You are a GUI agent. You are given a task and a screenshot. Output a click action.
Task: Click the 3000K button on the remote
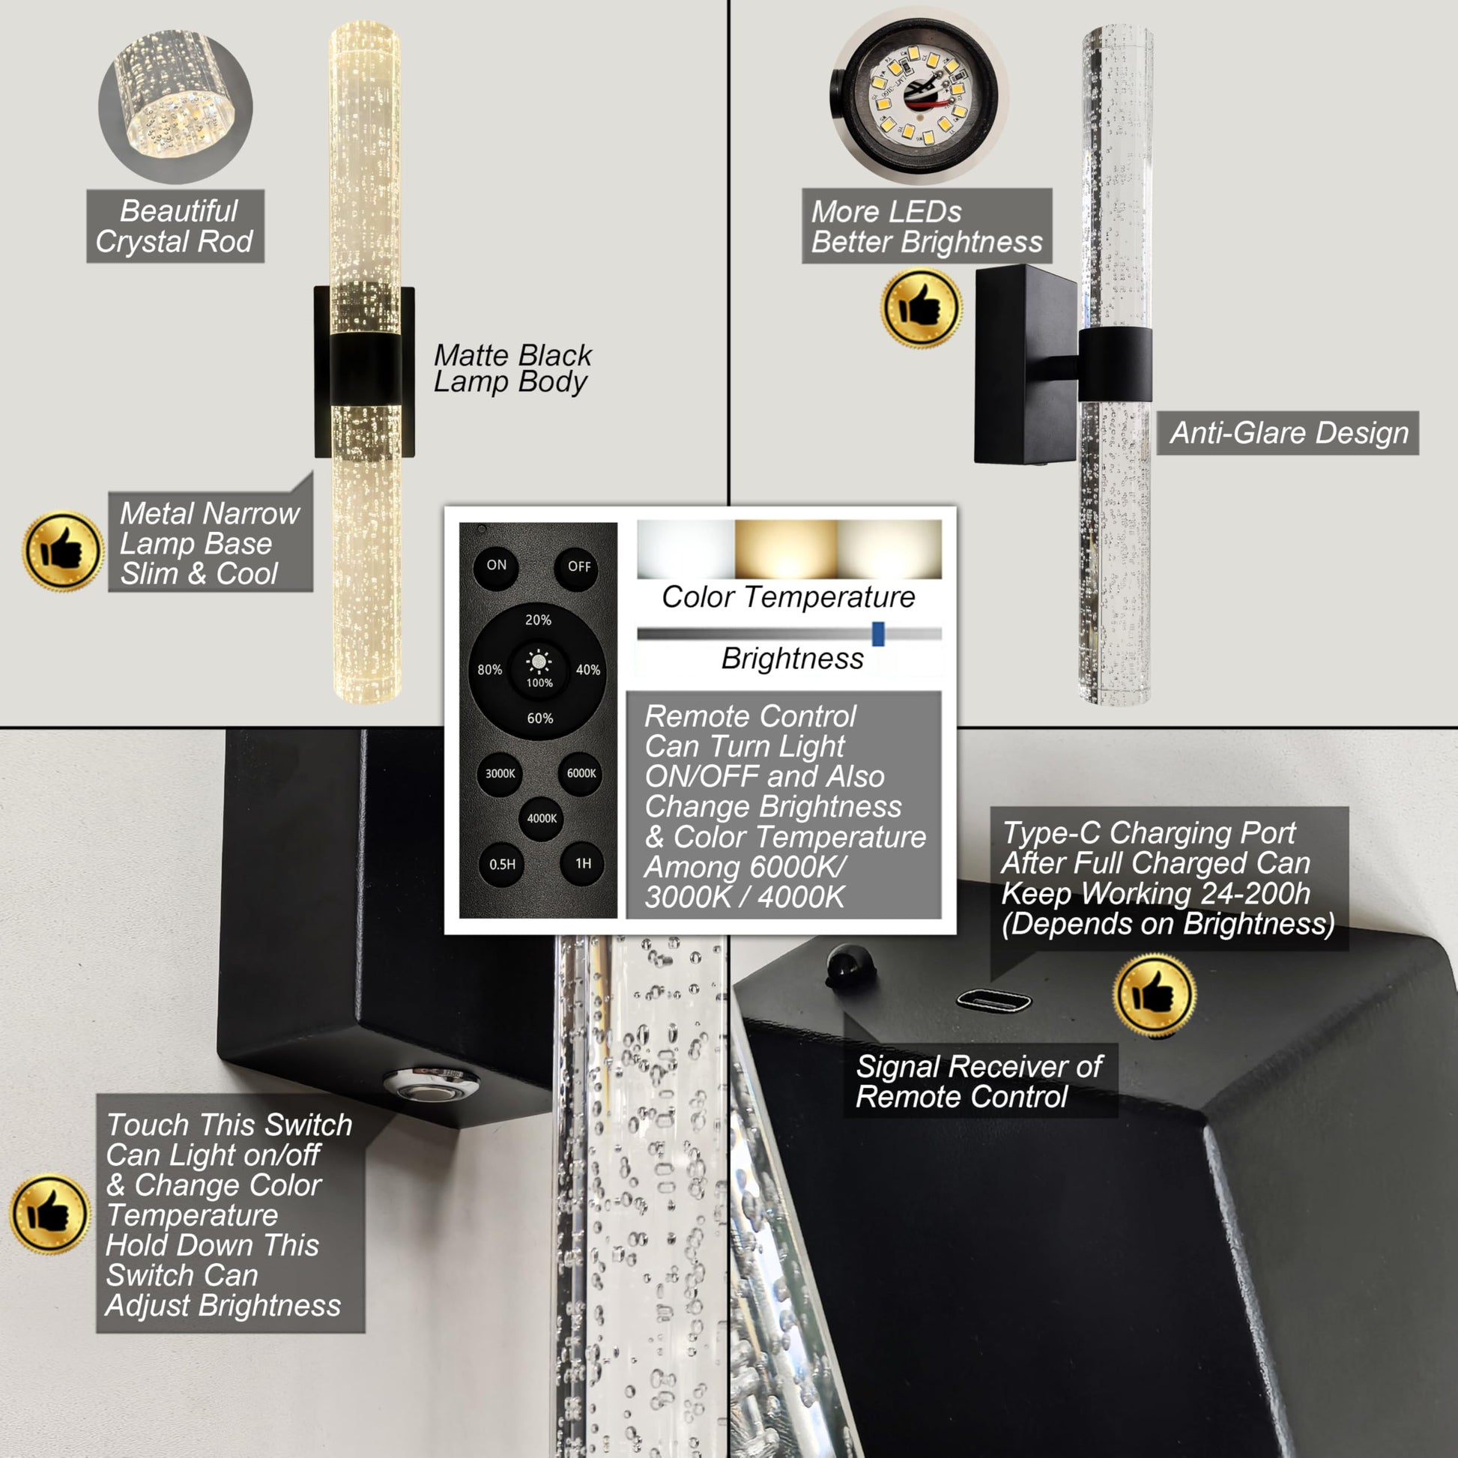[x=500, y=774]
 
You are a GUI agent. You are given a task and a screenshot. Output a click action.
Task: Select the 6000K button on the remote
[x=581, y=774]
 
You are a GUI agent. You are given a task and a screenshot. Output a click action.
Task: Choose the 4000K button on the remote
[x=542, y=819]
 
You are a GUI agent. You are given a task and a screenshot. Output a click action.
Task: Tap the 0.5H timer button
[x=502, y=865]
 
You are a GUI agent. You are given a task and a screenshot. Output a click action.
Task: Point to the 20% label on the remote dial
[x=538, y=620]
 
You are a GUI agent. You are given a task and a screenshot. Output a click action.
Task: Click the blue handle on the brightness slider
[x=878, y=634]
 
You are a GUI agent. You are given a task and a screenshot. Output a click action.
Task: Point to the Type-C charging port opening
[x=994, y=1002]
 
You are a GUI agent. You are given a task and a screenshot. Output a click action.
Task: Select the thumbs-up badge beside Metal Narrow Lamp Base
[x=64, y=551]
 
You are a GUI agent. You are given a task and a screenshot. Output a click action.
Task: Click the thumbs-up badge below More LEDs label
[x=921, y=309]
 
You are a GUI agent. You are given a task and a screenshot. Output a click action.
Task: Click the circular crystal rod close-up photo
[x=176, y=106]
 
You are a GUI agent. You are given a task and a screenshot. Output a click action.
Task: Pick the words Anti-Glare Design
[x=1289, y=433]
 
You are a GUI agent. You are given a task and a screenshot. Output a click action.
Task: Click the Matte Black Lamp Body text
[x=512, y=369]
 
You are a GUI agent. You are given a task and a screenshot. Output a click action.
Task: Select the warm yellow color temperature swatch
[x=787, y=549]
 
